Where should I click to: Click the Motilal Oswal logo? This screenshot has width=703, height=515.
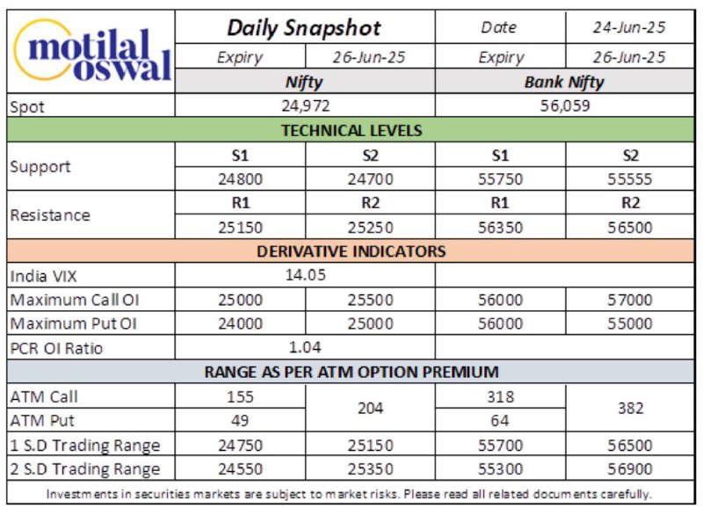pos(92,51)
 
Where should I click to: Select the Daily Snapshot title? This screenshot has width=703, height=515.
pos(304,28)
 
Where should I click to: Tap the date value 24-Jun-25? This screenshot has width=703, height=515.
pos(629,27)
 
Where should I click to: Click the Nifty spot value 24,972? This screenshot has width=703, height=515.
pos(305,105)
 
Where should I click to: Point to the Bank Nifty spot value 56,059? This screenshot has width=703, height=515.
pos(564,105)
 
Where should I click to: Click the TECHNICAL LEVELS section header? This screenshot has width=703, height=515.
pos(351,130)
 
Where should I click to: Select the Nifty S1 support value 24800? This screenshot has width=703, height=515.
pos(240,179)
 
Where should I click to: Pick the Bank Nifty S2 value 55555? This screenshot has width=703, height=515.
pos(629,179)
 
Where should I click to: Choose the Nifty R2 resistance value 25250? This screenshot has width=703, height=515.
pos(370,228)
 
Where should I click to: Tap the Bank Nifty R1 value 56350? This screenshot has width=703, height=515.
pos(500,228)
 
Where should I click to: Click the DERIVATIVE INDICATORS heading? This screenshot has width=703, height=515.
pos(351,251)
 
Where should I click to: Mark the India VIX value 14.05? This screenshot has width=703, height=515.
pos(305,275)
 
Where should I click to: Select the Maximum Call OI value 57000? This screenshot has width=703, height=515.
pos(629,300)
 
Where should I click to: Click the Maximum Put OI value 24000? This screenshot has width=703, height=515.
pos(240,323)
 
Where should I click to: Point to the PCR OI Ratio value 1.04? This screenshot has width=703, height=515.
pos(305,347)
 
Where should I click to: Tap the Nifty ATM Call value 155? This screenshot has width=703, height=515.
pos(240,396)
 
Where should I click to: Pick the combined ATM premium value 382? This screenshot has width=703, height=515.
pos(630,409)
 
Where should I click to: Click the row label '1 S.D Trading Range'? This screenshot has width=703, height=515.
pos(84,445)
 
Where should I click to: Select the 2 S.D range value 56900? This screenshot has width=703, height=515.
pos(629,468)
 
